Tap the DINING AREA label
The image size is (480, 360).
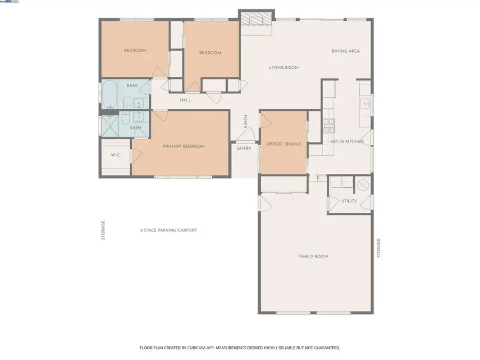(346, 51)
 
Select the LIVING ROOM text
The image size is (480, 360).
(283, 68)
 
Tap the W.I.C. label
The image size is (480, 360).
(115, 155)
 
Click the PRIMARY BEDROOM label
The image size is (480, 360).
(183, 146)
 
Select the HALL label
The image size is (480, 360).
(185, 100)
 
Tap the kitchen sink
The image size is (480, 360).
(365, 103)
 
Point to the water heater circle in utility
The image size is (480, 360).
(363, 185)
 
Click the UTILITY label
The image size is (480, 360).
(349, 201)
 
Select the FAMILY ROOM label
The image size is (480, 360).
(313, 257)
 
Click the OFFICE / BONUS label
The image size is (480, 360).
(283, 145)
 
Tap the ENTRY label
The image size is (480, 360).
(244, 148)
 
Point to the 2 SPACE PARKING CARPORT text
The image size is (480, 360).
(169, 230)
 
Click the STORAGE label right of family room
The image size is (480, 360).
(379, 248)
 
